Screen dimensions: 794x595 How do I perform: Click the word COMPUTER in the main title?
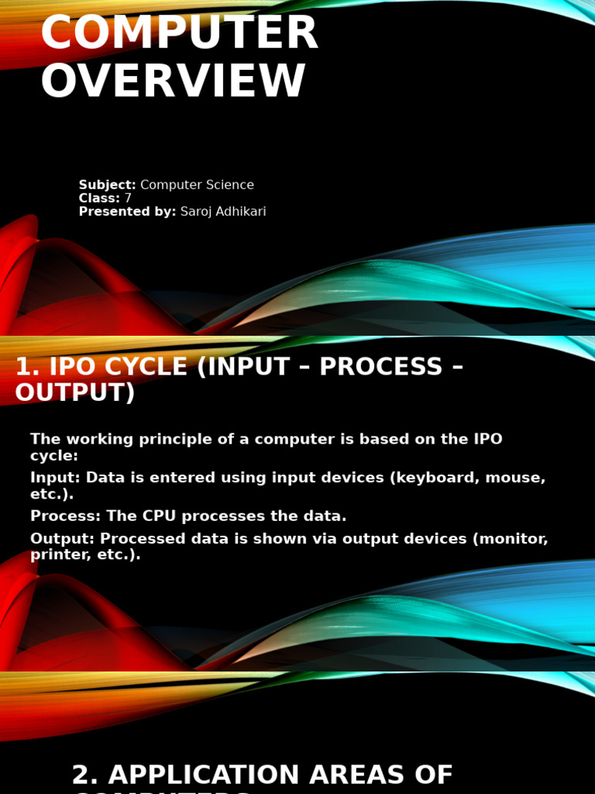179,34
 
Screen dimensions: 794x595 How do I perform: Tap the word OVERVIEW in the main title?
173,82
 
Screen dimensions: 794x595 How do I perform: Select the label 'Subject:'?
107,185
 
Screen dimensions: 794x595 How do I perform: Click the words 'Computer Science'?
197,185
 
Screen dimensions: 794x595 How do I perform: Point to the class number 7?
128,198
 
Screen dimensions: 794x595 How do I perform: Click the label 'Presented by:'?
127,212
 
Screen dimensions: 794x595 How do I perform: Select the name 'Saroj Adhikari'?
223,212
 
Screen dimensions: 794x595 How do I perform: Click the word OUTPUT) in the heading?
74,393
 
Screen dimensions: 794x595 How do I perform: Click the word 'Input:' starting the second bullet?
55,478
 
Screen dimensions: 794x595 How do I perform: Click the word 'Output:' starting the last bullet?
62,539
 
